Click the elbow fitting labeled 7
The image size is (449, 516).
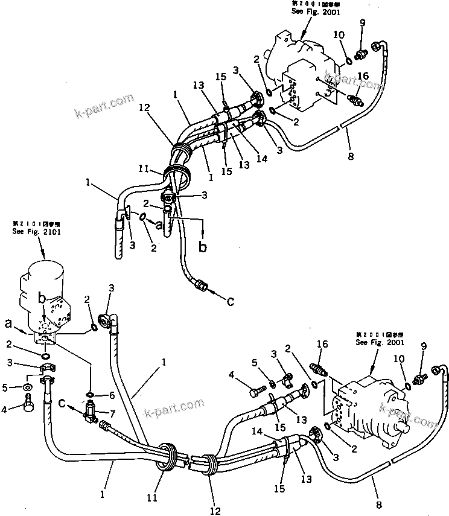point(91,412)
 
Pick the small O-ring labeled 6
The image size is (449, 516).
point(89,395)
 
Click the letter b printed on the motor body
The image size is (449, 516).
point(43,298)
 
